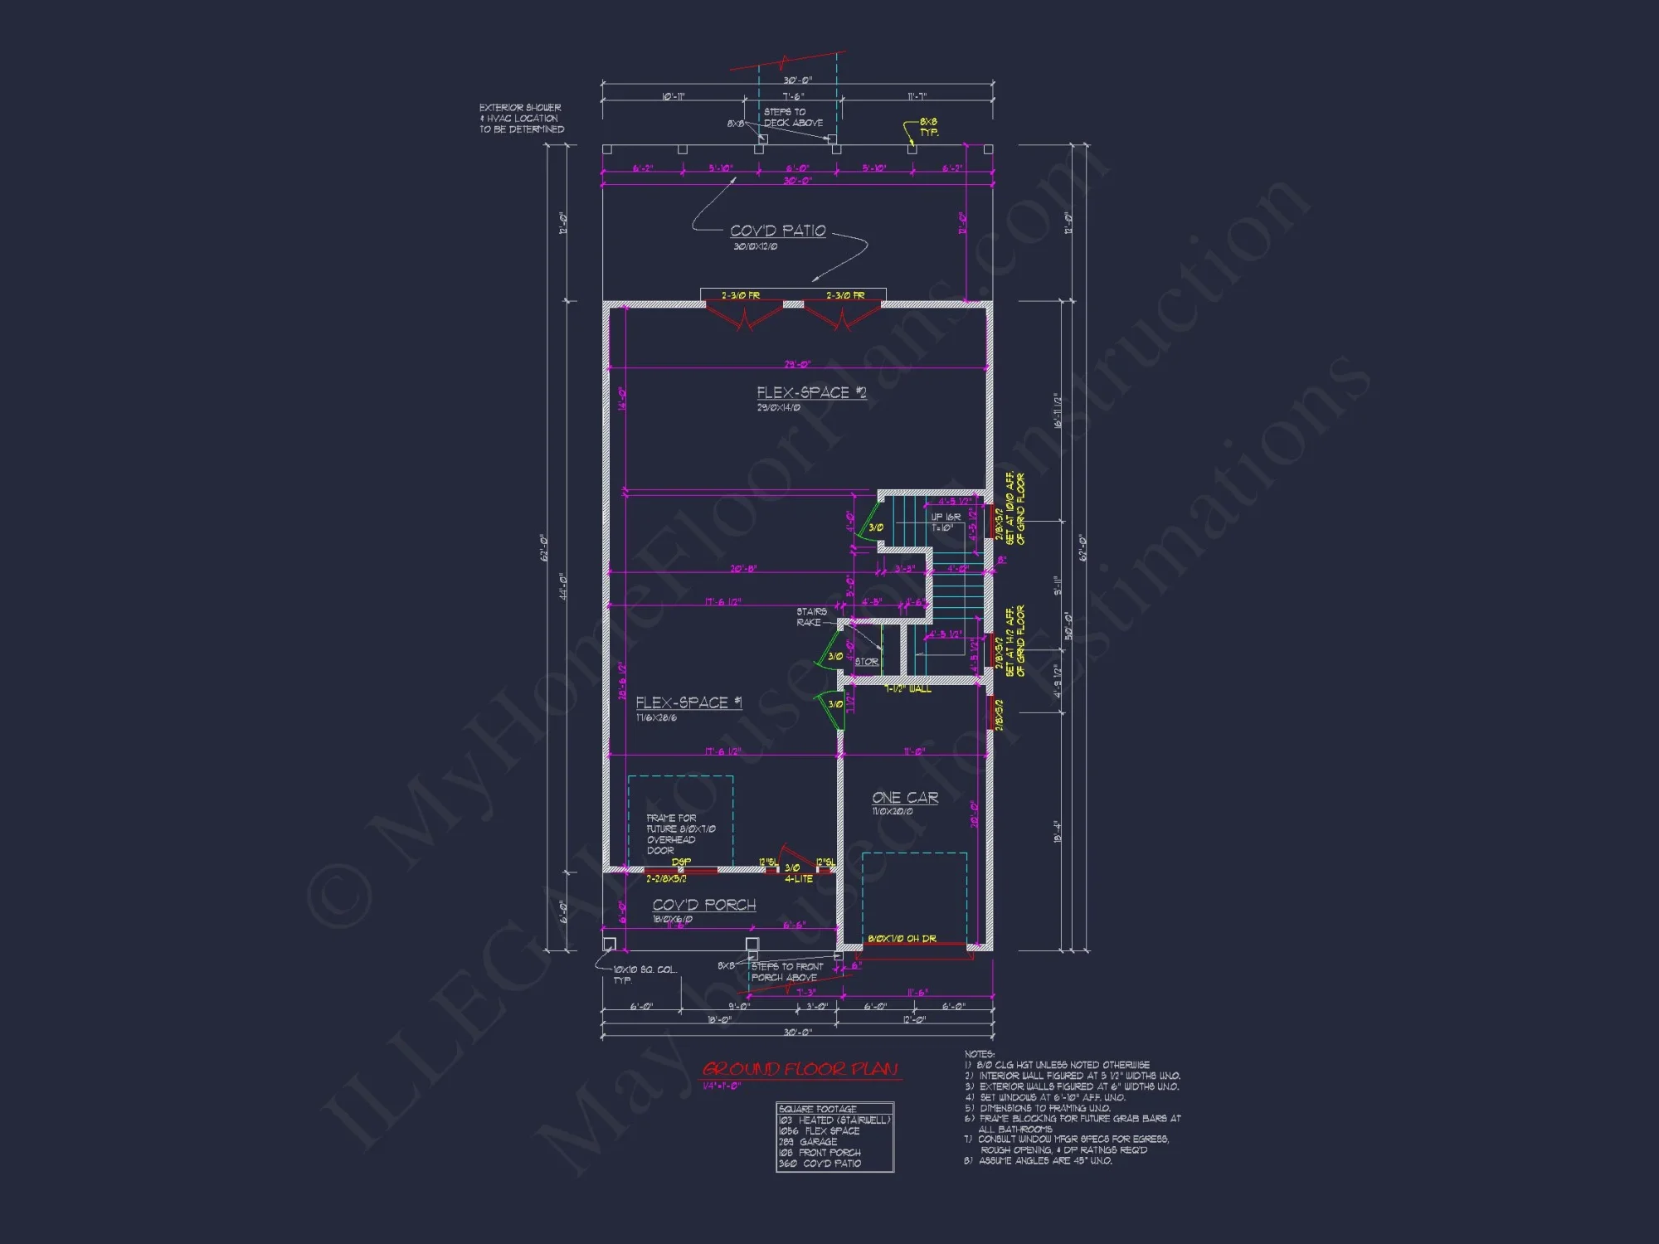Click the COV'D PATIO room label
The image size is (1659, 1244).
777,231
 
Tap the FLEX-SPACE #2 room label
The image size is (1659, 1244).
810,392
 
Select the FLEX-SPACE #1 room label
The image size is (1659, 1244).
688,702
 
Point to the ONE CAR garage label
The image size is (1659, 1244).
904,797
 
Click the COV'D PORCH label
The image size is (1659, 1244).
703,905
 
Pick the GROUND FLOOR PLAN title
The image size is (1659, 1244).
800,1069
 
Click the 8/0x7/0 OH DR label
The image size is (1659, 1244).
902,939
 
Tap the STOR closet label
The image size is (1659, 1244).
866,662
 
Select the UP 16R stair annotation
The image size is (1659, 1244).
946,518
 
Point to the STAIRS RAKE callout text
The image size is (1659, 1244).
810,617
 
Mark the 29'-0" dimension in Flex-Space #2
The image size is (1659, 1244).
797,364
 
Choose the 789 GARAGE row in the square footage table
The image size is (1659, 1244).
808,1141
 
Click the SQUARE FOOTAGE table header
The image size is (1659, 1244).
818,1109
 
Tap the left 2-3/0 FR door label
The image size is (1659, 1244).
740,295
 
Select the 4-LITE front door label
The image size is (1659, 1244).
799,879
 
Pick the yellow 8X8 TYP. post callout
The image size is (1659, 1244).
928,127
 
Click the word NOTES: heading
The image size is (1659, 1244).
980,1054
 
